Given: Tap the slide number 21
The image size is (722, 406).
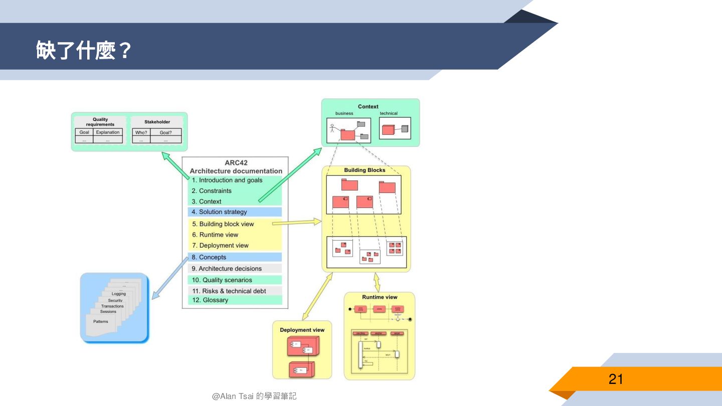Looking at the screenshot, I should pos(616,379).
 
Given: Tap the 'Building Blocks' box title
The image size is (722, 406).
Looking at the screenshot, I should pos(365,170).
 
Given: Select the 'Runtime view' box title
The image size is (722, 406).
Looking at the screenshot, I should pos(380,297).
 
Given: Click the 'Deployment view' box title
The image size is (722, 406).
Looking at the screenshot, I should pos(302,330).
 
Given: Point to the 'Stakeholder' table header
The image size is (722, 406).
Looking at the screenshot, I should pos(157,122).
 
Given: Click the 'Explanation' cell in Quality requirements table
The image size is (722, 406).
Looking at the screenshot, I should pos(108,132).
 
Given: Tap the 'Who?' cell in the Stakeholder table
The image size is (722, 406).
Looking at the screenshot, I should pos(141,132).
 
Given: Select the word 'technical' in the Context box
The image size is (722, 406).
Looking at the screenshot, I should pos(389,113).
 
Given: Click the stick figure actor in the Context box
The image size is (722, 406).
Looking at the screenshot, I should pos(332,128).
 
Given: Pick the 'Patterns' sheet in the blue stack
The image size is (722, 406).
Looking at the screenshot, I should pos(101,322).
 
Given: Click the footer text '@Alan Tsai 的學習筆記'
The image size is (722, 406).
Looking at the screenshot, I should pos(254,396).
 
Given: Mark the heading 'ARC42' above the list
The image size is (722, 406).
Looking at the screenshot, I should pos(236,163).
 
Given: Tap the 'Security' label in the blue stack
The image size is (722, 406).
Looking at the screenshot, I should pos(115,300).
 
